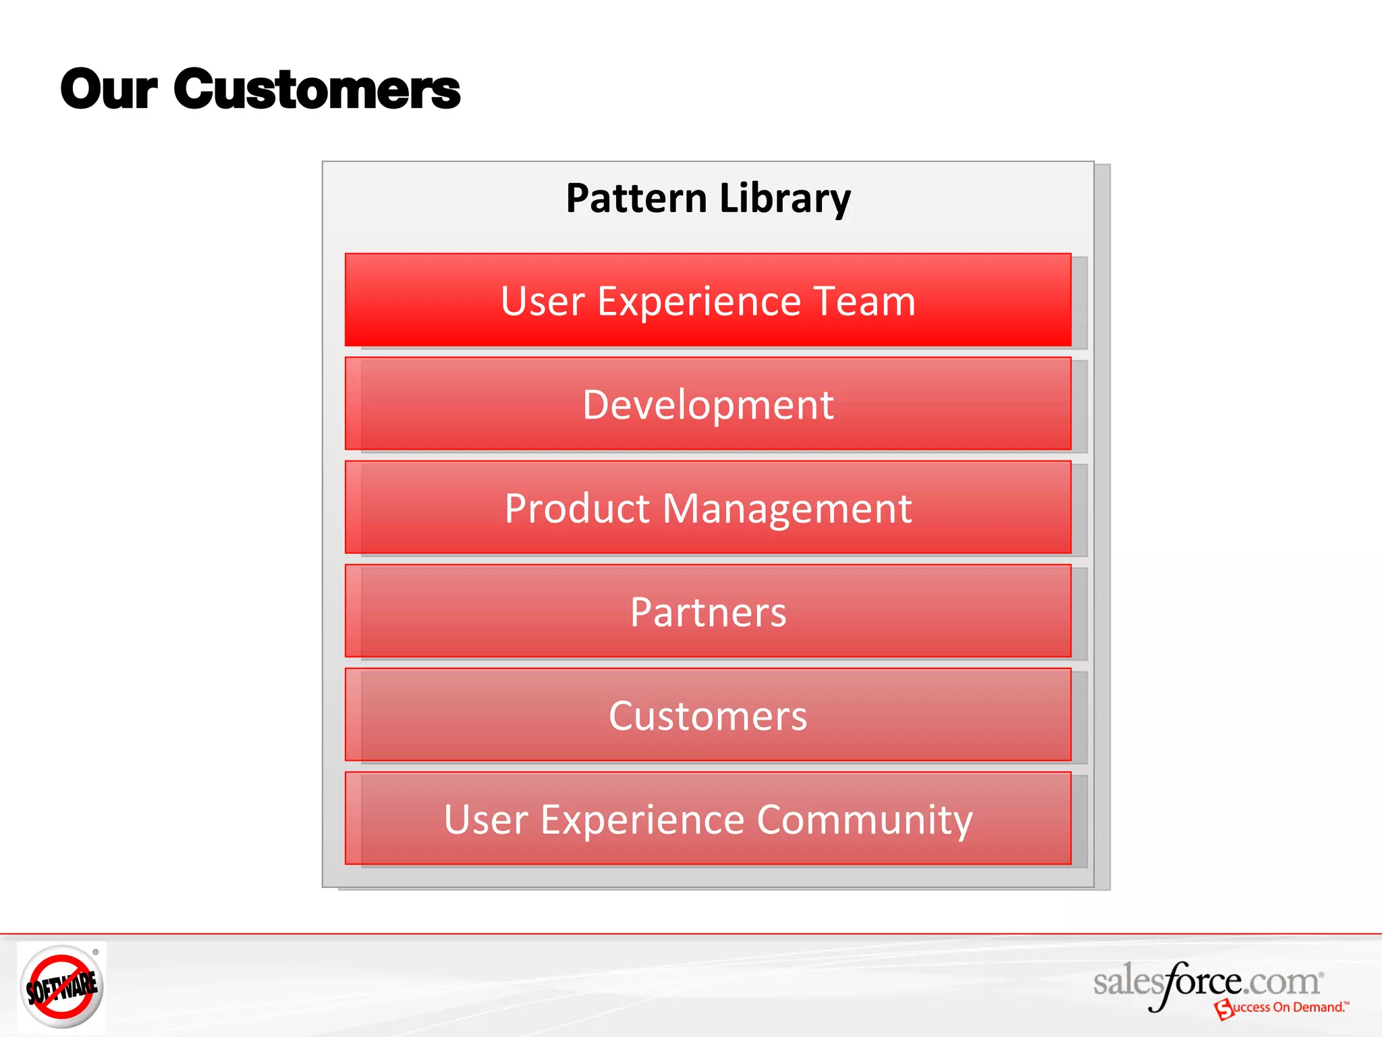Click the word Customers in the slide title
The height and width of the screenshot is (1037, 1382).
coord(317,90)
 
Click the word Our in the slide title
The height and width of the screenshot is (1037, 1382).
coord(109,90)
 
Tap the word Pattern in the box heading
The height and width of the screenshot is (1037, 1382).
coord(636,198)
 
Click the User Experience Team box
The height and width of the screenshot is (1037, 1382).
coord(708,300)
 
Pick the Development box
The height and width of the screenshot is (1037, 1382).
coord(708,404)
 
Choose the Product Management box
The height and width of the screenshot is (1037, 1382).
coord(708,508)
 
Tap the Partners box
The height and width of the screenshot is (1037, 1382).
coord(708,612)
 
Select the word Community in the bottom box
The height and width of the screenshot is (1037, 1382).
coord(864,820)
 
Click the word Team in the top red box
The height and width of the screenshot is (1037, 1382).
coord(864,301)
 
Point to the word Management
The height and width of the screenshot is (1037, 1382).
coord(787,508)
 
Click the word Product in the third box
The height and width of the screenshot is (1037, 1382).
coord(577,508)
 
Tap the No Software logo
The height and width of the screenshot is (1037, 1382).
coord(61,987)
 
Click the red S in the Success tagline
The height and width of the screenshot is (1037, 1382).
coord(1223,1010)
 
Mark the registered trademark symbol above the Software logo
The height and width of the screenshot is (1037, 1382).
coord(96,952)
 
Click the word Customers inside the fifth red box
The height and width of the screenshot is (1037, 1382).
coord(708,716)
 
